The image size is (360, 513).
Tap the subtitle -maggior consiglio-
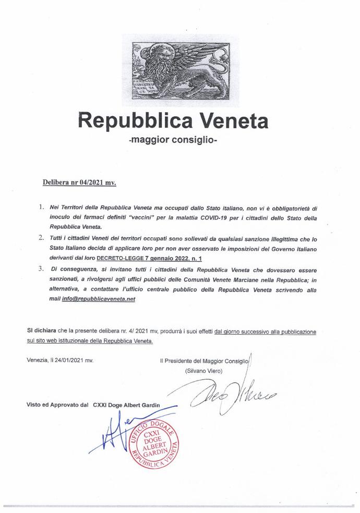click(179, 141)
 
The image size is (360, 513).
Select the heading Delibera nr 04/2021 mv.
click(79, 183)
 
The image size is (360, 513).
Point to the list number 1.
click(41, 207)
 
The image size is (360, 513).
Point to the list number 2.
click(41, 238)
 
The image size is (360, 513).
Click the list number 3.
click(41, 269)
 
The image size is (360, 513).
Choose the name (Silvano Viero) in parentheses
click(203, 371)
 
